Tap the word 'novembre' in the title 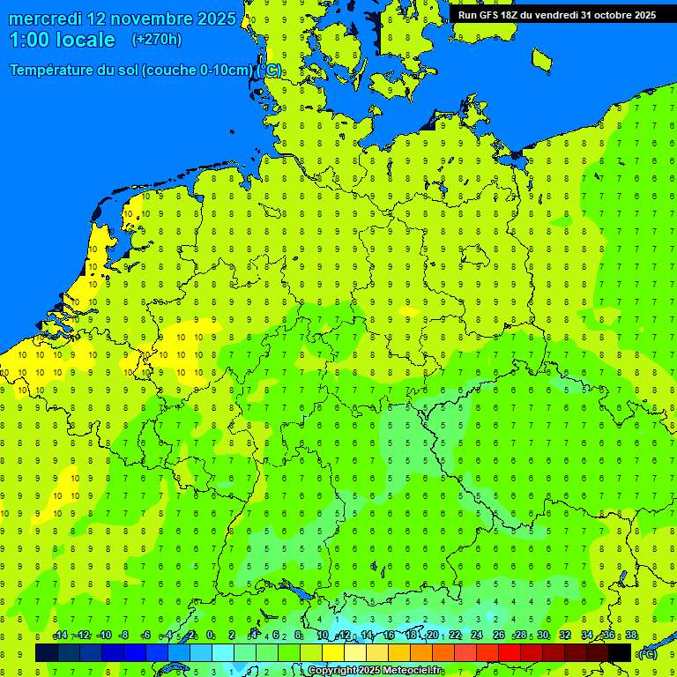coord(147,19)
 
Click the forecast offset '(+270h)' coord(156,40)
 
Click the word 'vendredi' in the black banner coord(554,15)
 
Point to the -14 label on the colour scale coord(60,636)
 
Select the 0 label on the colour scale coord(210,636)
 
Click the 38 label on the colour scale coord(631,636)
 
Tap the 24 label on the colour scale coord(477,636)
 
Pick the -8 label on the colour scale coord(124,636)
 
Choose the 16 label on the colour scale coord(389,636)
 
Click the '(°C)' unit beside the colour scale coord(647,653)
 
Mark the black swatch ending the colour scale coord(620,653)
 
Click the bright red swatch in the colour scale coord(510,653)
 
